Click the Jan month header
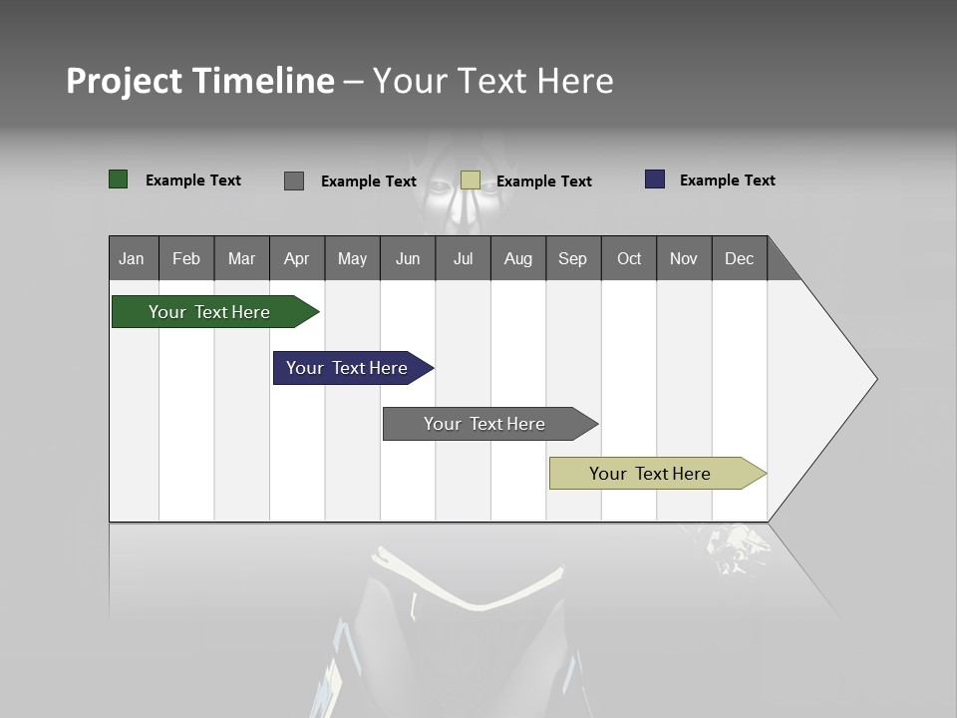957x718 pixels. [133, 258]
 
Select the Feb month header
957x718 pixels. [186, 258]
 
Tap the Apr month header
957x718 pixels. [296, 258]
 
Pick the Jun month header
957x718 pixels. [408, 258]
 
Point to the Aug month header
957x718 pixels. [517, 258]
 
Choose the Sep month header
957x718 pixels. [573, 258]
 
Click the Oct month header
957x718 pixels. [629, 258]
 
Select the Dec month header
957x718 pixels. [739, 258]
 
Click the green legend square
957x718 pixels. [119, 179]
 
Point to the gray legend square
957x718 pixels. [294, 180]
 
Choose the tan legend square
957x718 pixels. [471, 180]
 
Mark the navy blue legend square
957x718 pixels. [655, 179]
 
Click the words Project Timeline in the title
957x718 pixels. [200, 81]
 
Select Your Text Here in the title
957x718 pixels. [493, 81]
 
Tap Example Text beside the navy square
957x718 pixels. [727, 180]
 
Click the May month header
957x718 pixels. [352, 258]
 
